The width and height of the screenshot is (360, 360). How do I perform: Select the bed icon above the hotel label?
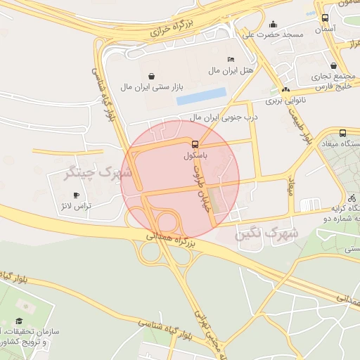click(231, 59)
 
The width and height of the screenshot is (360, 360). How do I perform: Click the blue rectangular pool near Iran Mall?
click(202, 96)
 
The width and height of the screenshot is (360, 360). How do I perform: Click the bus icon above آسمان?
click(325, 18)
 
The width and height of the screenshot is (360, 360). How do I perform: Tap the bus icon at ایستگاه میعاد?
click(342, 133)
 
